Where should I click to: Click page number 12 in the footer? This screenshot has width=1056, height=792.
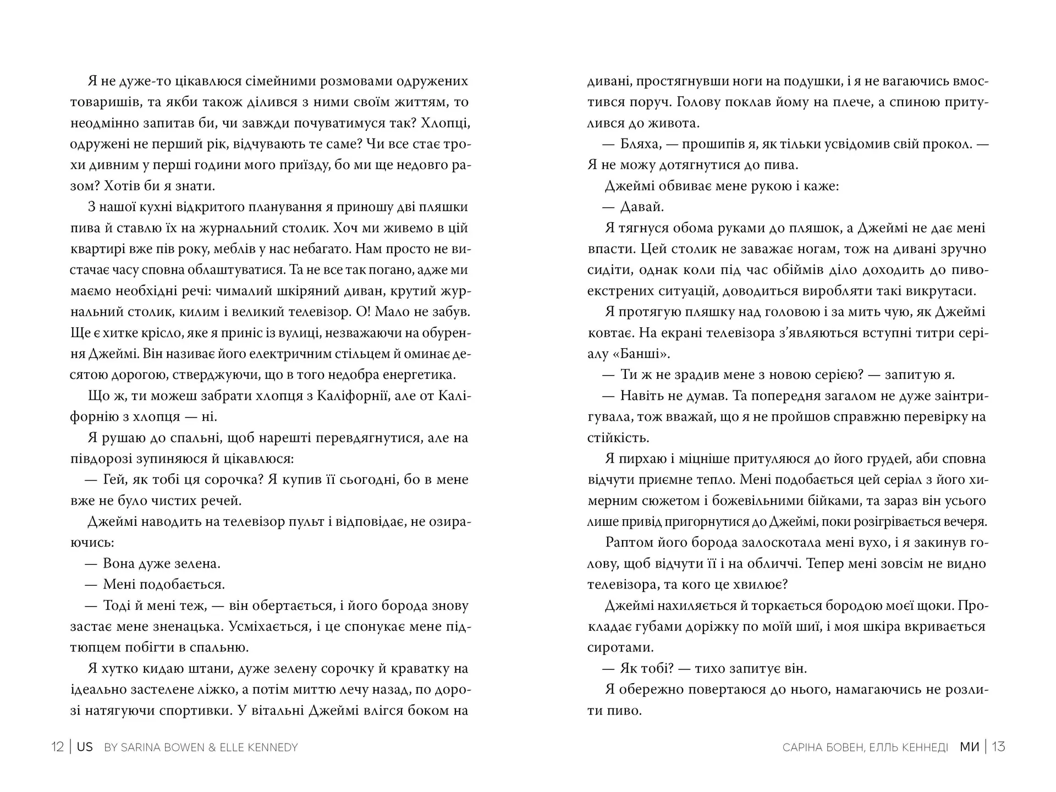click(57, 747)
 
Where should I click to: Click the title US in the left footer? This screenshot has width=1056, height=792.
click(85, 747)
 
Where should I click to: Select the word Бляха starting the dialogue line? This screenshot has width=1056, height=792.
click(640, 144)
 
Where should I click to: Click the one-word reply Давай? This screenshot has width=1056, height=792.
click(642, 207)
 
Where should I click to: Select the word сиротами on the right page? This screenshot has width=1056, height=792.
click(620, 647)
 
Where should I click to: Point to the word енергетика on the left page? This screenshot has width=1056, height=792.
click(420, 375)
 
